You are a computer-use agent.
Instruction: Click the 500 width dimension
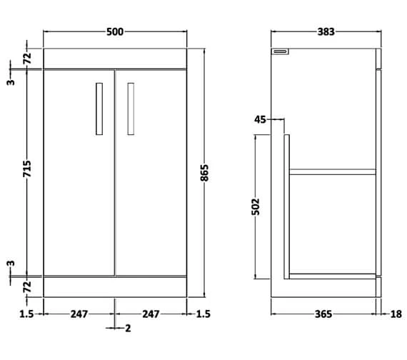(x=115, y=31)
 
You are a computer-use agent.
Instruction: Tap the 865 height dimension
(x=205, y=172)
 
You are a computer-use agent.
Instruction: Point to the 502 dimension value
(x=257, y=206)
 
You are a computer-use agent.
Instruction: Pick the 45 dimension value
(x=259, y=120)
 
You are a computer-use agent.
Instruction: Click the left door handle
(x=99, y=108)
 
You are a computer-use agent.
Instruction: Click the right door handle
(x=131, y=108)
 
